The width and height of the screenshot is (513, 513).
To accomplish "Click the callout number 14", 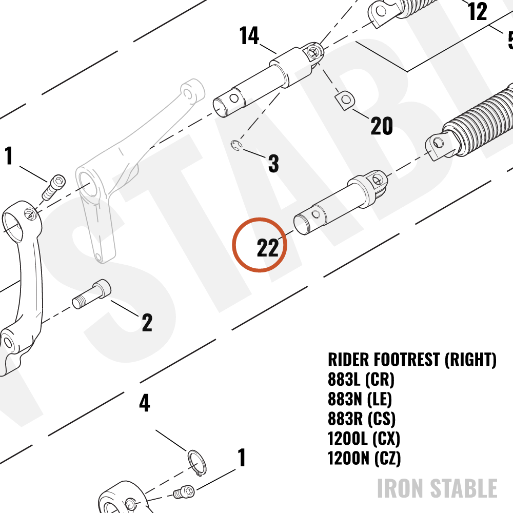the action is [249, 35].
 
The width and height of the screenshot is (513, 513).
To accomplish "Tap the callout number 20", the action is [382, 126].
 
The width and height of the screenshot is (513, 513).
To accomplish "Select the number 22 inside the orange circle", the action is [268, 248].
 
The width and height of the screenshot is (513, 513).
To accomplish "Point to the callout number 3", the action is [273, 163].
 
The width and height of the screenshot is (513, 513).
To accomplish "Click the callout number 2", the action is [147, 323].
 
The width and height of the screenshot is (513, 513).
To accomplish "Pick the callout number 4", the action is [145, 403].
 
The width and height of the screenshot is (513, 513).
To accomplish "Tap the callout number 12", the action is [478, 11].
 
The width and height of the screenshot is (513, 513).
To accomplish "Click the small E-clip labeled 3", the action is [236, 146].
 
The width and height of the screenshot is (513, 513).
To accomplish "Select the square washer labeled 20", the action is [345, 100].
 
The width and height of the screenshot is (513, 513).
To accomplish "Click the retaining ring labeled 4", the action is [197, 463].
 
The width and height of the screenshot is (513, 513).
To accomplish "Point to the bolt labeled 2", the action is [92, 294].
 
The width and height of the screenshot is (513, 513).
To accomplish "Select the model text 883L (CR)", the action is [361, 380].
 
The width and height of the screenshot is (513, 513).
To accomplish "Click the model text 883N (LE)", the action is [360, 399].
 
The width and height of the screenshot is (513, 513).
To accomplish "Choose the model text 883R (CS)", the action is [362, 419].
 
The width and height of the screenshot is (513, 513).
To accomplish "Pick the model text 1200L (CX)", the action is [364, 439].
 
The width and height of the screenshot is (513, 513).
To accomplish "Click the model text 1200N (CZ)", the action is [364, 458].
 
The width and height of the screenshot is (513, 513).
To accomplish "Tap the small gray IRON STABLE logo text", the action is [437, 488].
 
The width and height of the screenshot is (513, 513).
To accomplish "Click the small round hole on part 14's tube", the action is [234, 98].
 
